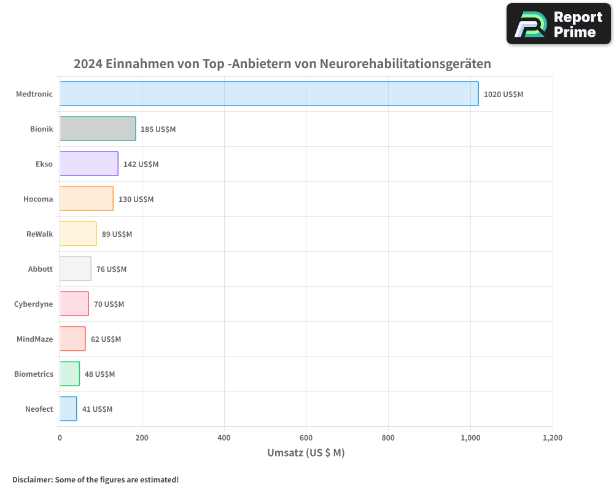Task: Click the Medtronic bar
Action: (269, 94)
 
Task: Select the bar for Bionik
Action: (98, 129)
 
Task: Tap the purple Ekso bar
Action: (89, 164)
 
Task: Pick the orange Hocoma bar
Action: (87, 199)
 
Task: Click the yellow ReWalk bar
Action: (78, 234)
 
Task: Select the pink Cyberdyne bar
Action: (74, 304)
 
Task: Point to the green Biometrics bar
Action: (69, 374)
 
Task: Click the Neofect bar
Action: (68, 409)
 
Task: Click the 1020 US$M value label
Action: (503, 95)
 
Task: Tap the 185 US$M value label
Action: (158, 130)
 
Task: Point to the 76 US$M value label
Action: (111, 269)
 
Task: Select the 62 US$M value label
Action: (106, 339)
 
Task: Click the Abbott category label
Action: (41, 269)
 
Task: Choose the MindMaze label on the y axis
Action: (35, 339)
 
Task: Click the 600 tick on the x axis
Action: (306, 438)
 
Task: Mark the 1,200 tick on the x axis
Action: (552, 438)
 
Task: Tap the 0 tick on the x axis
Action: (60, 438)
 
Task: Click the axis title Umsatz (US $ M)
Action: (306, 453)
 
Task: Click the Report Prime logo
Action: (558, 24)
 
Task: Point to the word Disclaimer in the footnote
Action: (32, 479)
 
